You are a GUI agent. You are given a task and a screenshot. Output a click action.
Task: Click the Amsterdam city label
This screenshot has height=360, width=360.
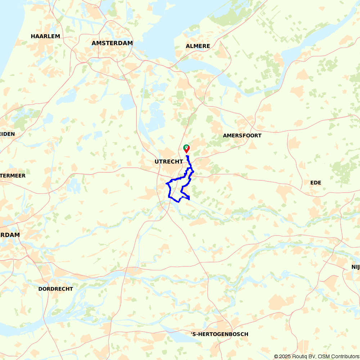tap(112, 43)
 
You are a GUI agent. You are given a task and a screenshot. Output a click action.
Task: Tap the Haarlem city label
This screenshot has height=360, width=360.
tap(45, 36)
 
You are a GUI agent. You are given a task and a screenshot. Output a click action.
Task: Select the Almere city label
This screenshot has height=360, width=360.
tap(198, 46)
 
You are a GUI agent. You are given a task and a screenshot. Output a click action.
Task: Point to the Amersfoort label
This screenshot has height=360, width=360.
tap(242, 136)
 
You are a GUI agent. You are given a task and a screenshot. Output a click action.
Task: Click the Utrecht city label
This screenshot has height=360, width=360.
tap(168, 162)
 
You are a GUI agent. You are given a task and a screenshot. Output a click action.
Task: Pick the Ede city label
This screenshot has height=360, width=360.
tap(315, 183)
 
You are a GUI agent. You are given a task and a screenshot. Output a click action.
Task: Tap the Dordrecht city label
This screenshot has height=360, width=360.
tap(55, 289)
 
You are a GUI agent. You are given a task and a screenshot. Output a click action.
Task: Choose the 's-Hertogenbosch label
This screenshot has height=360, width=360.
tap(220, 334)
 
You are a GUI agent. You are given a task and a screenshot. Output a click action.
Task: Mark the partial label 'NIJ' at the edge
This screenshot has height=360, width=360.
tap(355, 267)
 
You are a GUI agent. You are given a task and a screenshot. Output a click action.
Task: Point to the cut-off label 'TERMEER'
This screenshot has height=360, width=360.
tap(13, 176)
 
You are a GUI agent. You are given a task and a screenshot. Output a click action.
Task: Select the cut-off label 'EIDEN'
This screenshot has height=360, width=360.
tap(8, 134)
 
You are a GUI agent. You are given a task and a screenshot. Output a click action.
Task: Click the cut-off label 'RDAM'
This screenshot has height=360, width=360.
tap(10, 235)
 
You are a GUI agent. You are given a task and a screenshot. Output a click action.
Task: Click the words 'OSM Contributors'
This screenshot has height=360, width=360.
tap(338, 356)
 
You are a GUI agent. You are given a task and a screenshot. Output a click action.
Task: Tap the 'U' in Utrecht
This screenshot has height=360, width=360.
tap(157, 162)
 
